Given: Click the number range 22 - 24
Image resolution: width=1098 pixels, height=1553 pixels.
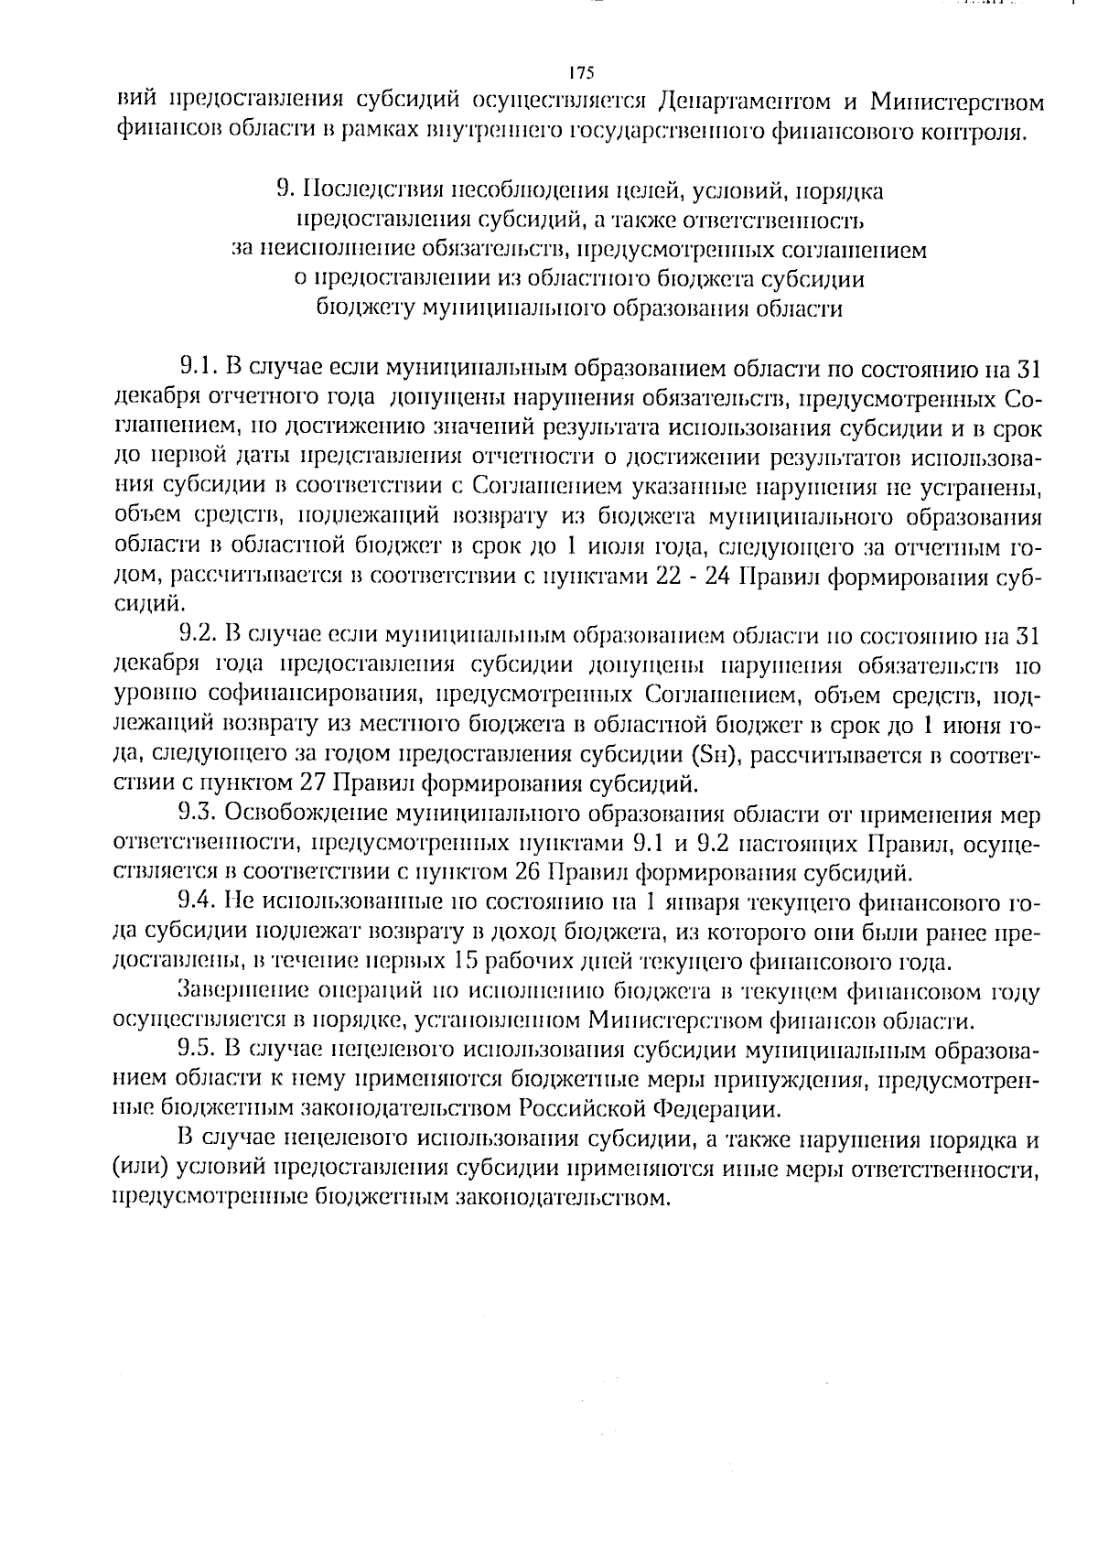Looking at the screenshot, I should click(x=695, y=577).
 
